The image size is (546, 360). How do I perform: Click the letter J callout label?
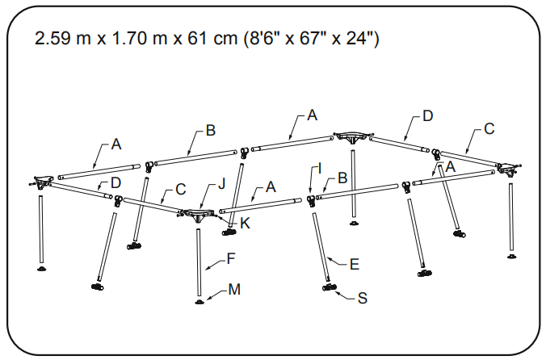tap(221, 185)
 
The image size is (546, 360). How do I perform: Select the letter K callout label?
tap(245, 223)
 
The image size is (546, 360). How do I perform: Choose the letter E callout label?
tap(355, 263)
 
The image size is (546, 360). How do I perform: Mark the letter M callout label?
tap(233, 289)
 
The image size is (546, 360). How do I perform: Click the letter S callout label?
tap(363, 298)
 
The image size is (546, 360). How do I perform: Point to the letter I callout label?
tap(320, 168)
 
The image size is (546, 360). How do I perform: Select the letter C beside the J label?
tap(181, 190)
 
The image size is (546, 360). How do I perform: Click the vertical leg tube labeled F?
tap(199, 262)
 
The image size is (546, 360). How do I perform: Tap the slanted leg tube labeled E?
tap(321, 242)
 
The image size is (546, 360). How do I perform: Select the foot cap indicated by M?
tap(199, 302)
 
